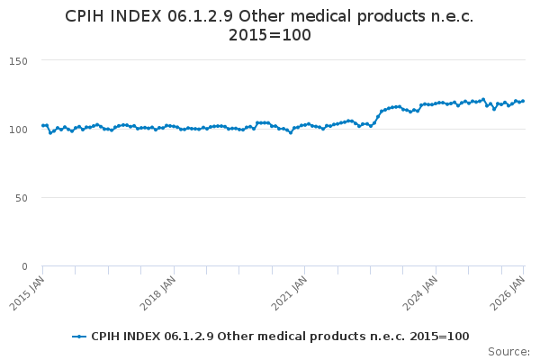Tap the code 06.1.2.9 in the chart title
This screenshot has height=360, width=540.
click(x=203, y=16)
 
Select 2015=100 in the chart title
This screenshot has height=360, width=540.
click(x=270, y=36)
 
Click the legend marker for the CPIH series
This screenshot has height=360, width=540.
click(x=79, y=337)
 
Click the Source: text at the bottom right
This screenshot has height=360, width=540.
click(x=508, y=352)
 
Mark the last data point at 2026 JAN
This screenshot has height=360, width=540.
click(x=523, y=101)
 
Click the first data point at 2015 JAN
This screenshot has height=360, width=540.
click(x=42, y=126)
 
